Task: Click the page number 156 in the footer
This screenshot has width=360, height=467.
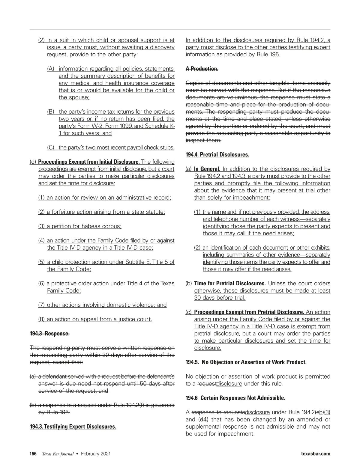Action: pos(33,454)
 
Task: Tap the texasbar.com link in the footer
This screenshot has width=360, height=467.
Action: pos(316,454)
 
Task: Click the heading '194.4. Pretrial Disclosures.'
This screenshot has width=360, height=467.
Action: pos(217,155)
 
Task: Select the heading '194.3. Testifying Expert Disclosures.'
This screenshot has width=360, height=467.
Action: pos(73,427)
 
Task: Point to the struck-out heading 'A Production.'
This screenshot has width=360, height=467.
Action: pos(202,69)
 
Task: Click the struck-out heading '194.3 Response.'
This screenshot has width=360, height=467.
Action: pos(49,334)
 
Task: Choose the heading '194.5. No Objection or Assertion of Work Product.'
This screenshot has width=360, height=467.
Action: pos(246,362)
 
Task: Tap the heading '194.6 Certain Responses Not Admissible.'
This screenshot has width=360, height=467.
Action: pos(235,398)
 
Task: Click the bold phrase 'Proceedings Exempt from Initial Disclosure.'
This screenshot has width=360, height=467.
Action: pos(89,162)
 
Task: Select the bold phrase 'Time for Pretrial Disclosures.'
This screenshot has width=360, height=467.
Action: pos(230,284)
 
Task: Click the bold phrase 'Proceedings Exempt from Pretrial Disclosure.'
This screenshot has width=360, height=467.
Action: pos(249,312)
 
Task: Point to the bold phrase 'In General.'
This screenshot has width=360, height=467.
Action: pos(207,169)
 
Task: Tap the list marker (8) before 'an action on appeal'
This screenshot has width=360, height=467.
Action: pos(42,319)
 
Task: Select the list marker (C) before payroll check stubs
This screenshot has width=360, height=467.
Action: pos(51,147)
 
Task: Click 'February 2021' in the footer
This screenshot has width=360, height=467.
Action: pos(96,454)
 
